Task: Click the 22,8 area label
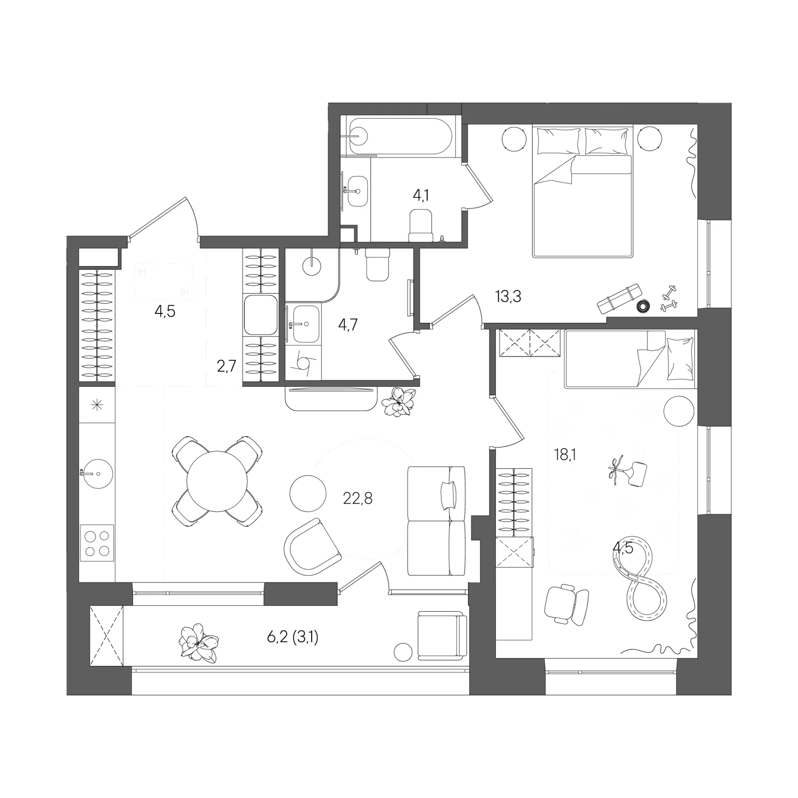point(358,498)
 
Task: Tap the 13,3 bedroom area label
point(508,296)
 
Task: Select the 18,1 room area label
point(565,455)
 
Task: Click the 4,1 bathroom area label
point(421,195)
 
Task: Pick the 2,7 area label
point(226,367)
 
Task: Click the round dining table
point(218,482)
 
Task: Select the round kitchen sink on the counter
point(97,472)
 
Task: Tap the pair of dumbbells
point(669,298)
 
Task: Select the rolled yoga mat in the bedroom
point(620,299)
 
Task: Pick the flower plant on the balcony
point(199,643)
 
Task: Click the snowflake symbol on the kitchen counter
point(97,406)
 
